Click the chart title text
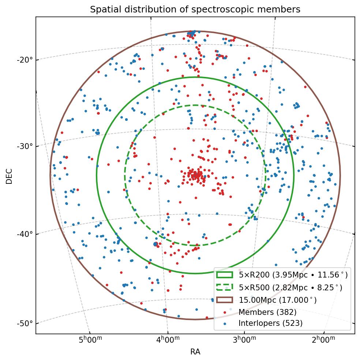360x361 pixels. (195, 10)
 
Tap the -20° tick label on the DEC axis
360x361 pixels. (25, 60)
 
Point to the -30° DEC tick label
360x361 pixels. (25, 146)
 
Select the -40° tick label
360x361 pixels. (25, 234)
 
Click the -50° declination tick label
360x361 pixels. (25, 323)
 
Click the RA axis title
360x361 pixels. (195, 352)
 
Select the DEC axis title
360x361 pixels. (9, 176)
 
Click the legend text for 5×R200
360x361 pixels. (293, 275)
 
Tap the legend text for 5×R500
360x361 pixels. (290, 287)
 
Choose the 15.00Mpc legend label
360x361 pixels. (277, 300)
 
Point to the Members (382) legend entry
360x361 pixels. (267, 312)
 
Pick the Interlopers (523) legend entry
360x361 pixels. (270, 323)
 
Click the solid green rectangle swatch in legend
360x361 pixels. (225, 275)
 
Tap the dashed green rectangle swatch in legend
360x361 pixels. (225, 287)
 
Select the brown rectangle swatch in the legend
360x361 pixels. (225, 300)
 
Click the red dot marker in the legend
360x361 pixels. (225, 312)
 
